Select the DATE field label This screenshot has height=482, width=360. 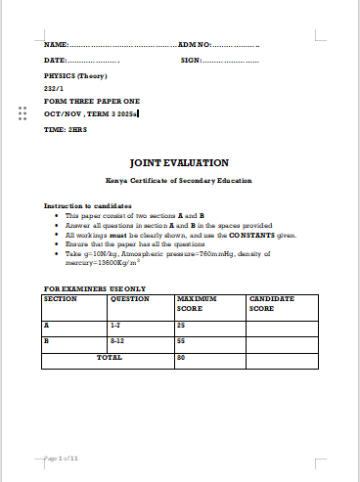56,61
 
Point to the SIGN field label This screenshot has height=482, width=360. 191,61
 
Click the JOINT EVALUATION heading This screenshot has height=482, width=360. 179,162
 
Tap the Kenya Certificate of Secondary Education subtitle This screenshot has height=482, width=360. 179,181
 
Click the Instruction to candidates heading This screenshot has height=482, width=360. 88,206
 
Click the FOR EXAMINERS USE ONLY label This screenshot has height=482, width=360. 95,288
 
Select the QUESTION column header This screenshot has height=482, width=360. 130,298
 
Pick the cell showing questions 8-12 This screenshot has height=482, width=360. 116,340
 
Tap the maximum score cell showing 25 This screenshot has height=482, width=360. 181,324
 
